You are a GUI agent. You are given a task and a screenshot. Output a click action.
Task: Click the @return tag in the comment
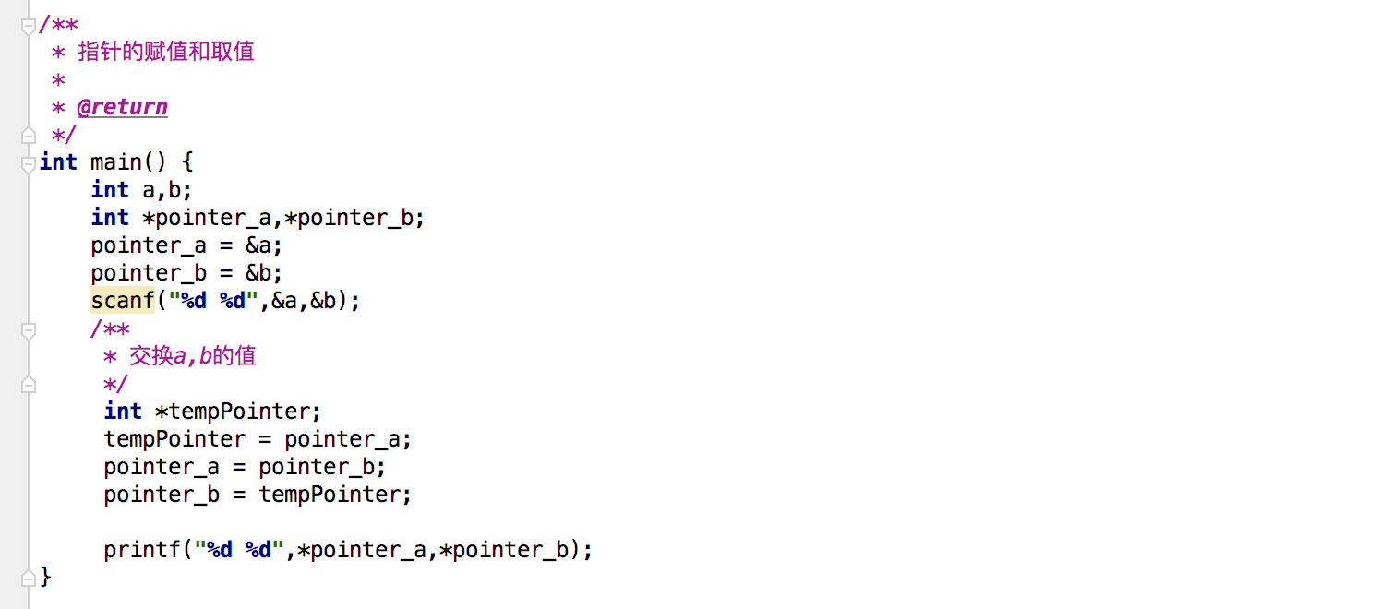tap(122, 107)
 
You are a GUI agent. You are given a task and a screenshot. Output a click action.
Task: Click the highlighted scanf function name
tap(123, 301)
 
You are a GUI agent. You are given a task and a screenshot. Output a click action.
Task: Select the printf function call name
tap(142, 550)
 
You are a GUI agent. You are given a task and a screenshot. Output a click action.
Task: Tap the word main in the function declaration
tap(116, 162)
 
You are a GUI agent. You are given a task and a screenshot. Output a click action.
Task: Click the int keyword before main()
tap(58, 162)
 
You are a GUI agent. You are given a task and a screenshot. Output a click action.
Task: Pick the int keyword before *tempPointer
tap(123, 412)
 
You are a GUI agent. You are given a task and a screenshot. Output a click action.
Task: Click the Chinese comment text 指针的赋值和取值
tap(166, 52)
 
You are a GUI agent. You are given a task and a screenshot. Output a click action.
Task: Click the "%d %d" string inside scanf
tap(213, 301)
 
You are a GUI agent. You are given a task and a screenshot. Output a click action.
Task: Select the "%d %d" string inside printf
tap(239, 550)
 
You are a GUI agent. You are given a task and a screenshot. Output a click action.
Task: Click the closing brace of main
tap(45, 578)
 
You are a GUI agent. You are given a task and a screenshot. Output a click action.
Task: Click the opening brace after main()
tap(187, 162)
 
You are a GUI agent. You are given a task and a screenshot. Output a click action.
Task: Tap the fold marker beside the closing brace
tap(29, 578)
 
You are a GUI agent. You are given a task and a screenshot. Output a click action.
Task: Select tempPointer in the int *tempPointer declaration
tap(238, 412)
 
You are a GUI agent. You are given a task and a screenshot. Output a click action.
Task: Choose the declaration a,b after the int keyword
tap(167, 190)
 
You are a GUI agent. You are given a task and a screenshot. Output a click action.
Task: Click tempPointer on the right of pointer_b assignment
tap(329, 495)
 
